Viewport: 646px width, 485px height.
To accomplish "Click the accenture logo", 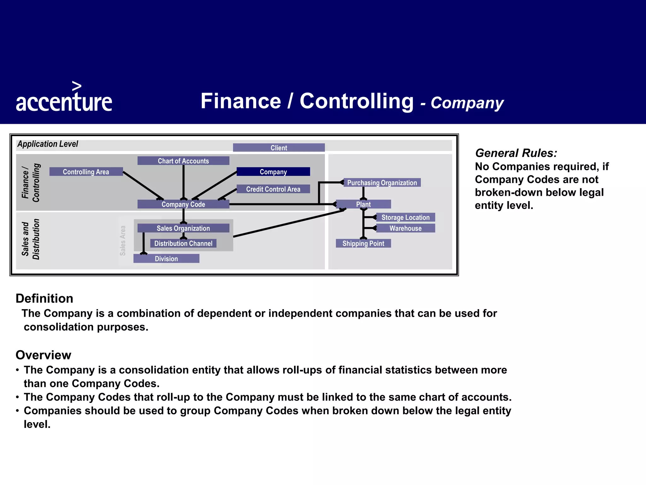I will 64,98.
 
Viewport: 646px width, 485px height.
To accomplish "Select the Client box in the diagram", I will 279,148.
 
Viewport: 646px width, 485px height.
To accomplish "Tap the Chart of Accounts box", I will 183,161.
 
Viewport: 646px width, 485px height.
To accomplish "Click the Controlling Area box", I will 86,172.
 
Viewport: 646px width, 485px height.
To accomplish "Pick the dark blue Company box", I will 273,172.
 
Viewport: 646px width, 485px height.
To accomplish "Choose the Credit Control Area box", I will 273,189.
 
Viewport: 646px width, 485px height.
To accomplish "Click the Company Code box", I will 183,204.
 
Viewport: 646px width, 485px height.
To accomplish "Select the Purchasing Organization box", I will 382,183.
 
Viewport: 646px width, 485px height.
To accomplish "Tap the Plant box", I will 363,204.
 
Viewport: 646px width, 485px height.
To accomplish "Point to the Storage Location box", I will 405,217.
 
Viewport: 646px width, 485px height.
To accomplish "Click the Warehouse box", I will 405,228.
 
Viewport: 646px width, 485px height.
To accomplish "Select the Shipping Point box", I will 363,243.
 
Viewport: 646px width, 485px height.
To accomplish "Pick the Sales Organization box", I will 183,228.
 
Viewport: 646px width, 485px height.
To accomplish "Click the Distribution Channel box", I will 183,243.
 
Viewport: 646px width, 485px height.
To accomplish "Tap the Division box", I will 166,259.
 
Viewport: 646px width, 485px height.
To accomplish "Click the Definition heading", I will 44,298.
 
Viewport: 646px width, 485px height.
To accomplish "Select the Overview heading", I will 44,355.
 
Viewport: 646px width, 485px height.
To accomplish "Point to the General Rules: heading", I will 516,153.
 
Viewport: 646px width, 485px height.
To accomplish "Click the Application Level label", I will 48,144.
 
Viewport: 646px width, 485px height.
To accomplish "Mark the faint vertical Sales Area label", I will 123,241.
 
